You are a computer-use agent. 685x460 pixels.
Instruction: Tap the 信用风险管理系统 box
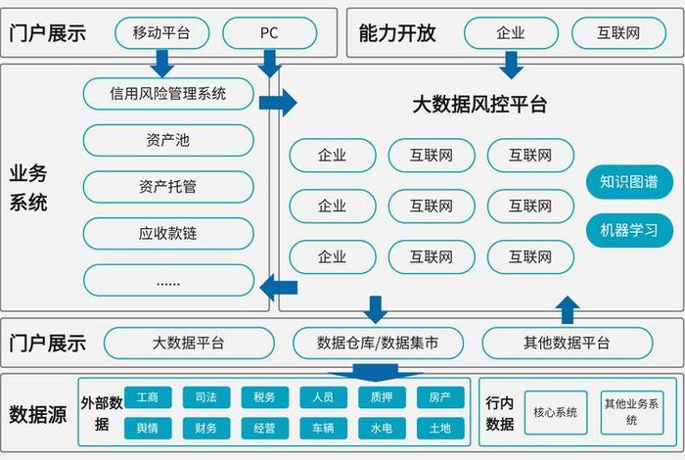pos(167,94)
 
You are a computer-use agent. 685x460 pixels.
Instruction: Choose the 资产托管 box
pos(167,186)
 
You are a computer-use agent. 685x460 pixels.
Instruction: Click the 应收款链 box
pos(167,233)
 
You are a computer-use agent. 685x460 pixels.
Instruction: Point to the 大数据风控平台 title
pos(479,104)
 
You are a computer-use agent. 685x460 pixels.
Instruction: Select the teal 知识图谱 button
pos(629,182)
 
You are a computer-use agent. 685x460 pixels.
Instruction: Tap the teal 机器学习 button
pos(629,231)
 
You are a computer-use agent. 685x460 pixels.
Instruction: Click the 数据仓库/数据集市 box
pos(377,343)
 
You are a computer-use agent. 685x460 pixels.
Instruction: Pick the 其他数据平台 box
pos(567,343)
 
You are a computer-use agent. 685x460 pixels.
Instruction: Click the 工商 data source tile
pos(148,397)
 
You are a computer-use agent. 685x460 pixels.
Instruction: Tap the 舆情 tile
pos(148,428)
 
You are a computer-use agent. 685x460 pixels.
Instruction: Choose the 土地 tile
pos(439,428)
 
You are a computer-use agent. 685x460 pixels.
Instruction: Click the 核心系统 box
pos(555,412)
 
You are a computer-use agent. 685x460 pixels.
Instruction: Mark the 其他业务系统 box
pos(631,412)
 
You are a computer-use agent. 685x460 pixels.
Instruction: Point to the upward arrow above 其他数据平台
pos(567,309)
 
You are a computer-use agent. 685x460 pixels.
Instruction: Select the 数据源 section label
pos(37,414)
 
